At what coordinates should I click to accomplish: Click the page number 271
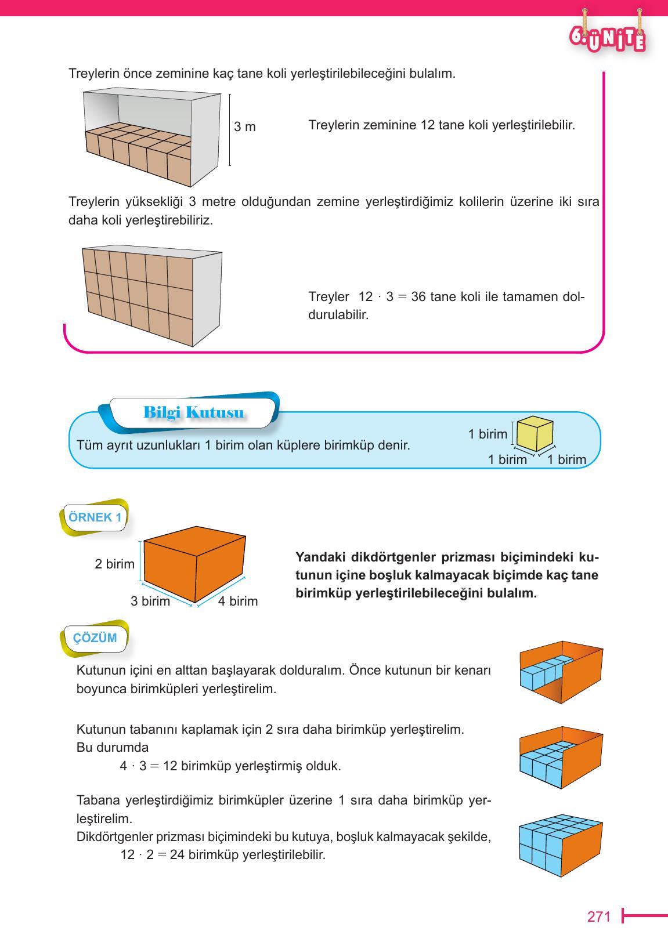[x=599, y=917]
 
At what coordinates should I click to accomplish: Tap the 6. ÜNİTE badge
[x=607, y=38]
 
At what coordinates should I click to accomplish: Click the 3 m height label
[x=244, y=126]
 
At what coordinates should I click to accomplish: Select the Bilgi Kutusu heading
[x=193, y=413]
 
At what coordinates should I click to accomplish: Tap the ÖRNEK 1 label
[x=95, y=517]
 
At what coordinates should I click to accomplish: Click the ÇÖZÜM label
[x=95, y=638]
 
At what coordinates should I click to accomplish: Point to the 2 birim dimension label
[x=114, y=564]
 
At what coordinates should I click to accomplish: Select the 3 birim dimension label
[x=150, y=601]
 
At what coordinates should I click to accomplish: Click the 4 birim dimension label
[x=237, y=601]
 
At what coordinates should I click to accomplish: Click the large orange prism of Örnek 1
[x=194, y=565]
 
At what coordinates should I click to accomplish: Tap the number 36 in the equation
[x=418, y=297]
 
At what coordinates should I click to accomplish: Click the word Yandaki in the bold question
[x=320, y=557]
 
